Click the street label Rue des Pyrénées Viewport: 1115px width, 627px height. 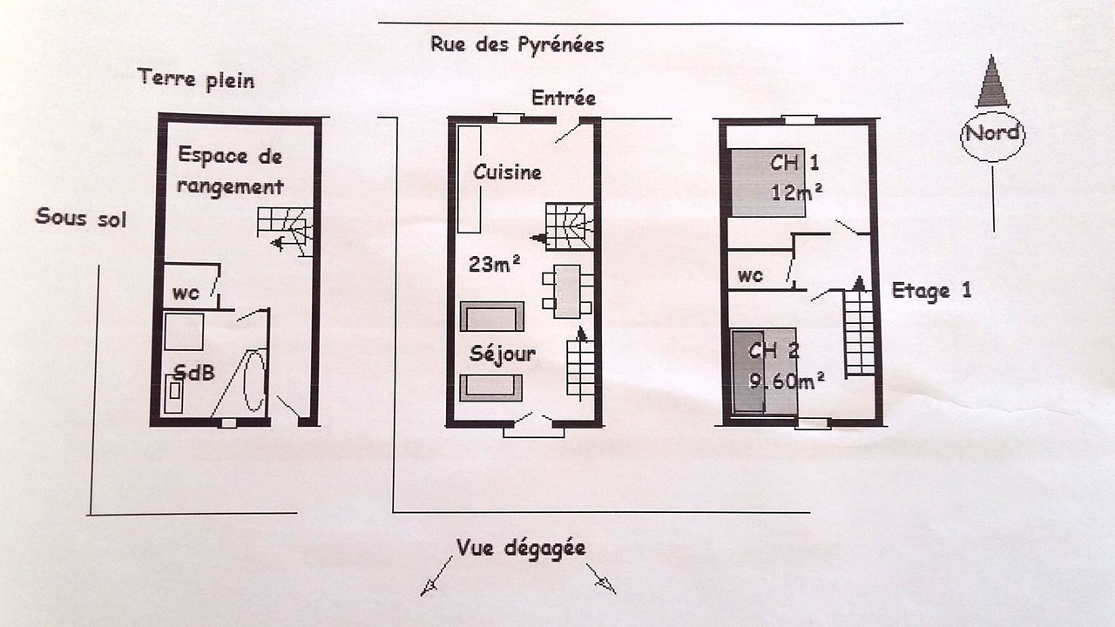tap(517, 44)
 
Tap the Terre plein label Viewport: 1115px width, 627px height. tap(196, 79)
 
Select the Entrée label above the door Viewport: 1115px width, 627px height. tap(564, 98)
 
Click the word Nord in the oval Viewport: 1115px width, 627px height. tap(992, 133)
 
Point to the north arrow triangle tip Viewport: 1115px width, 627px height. tap(992, 55)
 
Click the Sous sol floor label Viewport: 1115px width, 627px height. tap(81, 218)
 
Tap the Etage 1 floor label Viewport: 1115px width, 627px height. tap(931, 291)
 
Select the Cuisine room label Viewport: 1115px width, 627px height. tap(507, 172)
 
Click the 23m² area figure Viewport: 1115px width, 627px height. tap(494, 264)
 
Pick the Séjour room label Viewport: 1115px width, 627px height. tap(503, 354)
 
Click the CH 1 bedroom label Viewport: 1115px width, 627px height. tap(794, 163)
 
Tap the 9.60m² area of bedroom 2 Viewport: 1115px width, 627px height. tap(787, 381)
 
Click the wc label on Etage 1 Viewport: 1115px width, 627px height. tap(750, 276)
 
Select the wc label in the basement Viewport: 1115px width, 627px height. tap(186, 293)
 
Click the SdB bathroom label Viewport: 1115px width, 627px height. tap(194, 372)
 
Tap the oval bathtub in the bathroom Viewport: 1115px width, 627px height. tap(254, 381)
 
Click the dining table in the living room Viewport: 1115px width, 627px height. tap(567, 292)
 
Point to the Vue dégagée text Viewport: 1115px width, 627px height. tap(521, 549)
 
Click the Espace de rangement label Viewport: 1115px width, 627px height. tap(230, 172)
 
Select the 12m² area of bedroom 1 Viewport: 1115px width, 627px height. tap(796, 192)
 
